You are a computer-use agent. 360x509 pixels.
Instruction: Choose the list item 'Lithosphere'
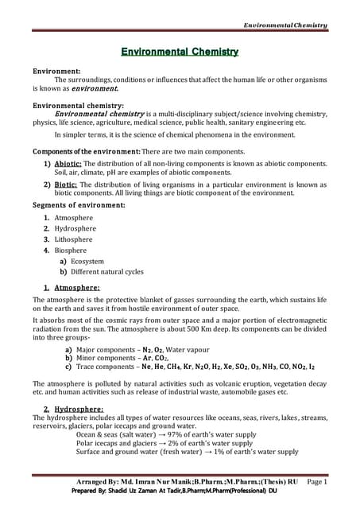point(73,239)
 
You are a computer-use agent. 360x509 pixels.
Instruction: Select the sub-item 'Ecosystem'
point(87,261)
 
